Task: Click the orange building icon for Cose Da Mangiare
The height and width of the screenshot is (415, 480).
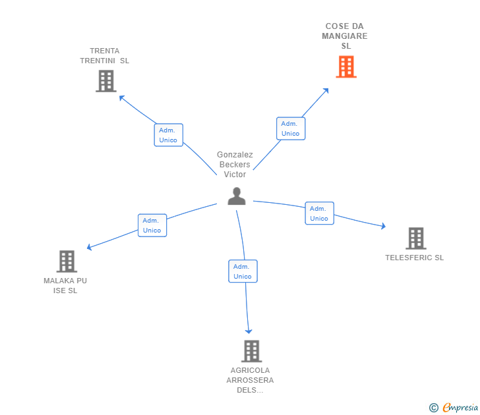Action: [x=346, y=67]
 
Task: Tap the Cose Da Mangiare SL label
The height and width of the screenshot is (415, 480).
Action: [x=345, y=36]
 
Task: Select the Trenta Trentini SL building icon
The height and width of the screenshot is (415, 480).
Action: [x=105, y=81]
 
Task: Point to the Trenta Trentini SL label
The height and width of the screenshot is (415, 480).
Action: [x=105, y=55]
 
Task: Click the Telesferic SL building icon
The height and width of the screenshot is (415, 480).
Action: [x=415, y=238]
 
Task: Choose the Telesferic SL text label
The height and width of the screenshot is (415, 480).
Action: [x=414, y=258]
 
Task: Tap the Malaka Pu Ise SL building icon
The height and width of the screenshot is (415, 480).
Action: [x=67, y=262]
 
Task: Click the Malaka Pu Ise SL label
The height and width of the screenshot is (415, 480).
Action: [x=65, y=286]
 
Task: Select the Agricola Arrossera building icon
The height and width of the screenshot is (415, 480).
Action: [x=251, y=351]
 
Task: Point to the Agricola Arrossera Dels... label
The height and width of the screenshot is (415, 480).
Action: [x=250, y=380]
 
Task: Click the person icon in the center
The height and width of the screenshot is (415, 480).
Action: [x=237, y=196]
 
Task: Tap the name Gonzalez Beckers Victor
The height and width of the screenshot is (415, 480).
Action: [x=235, y=165]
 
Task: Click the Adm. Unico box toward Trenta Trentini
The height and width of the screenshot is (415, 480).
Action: [x=168, y=135]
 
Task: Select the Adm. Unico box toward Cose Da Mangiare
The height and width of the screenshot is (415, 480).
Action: [x=290, y=128]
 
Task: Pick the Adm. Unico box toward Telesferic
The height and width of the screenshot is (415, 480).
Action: [x=319, y=213]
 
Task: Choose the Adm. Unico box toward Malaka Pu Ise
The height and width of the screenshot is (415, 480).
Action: [x=152, y=225]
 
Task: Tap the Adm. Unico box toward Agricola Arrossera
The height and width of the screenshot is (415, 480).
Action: [x=243, y=271]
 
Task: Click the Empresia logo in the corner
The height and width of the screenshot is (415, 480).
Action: [x=454, y=408]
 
